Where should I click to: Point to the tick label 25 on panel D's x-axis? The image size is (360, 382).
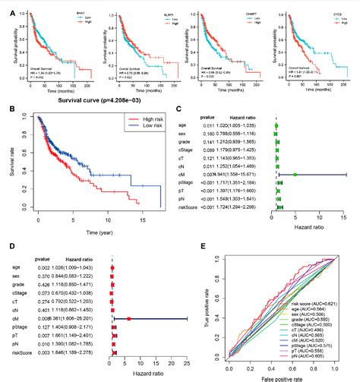187,363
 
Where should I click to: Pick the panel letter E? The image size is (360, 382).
200,245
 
